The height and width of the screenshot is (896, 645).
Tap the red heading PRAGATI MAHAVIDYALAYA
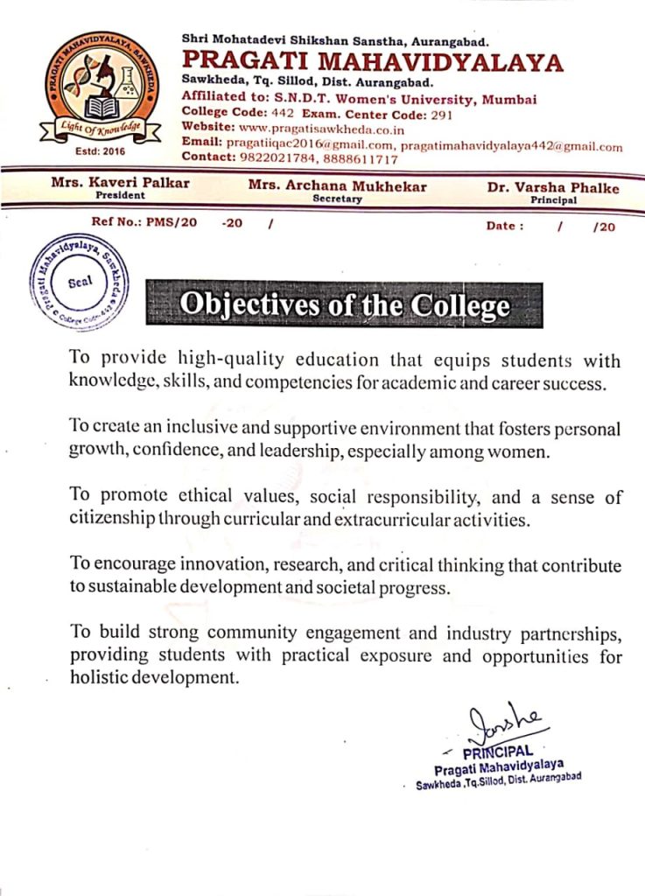point(373,63)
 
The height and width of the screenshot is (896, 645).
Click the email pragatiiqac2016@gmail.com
point(301,145)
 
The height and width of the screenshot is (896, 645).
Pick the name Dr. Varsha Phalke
point(552,187)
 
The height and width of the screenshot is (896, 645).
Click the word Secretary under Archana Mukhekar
point(337,199)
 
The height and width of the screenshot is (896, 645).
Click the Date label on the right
point(505,225)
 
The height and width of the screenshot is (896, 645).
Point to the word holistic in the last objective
point(98,677)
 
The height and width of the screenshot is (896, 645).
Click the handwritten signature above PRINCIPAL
point(503,725)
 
